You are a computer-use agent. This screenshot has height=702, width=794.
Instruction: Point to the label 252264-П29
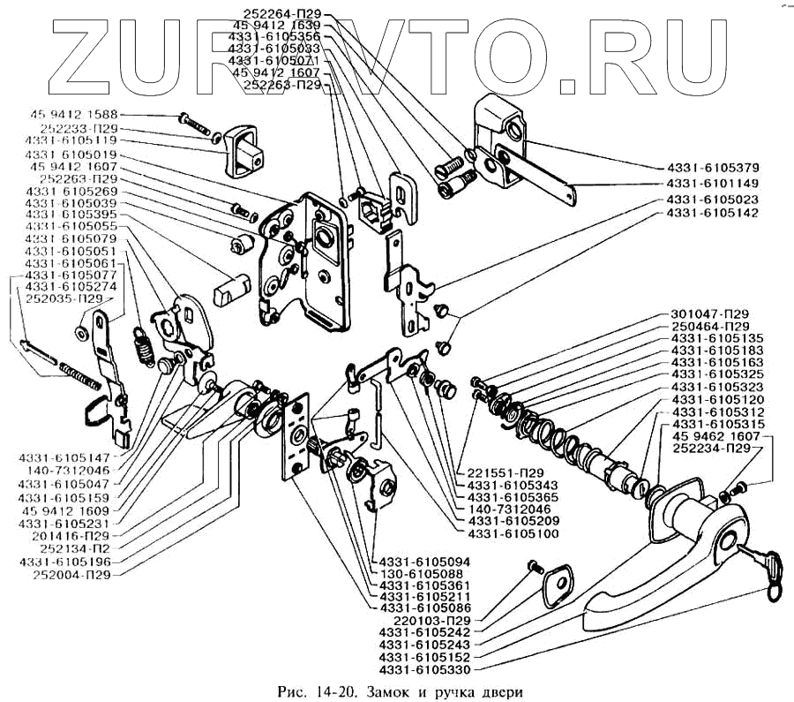(x=285, y=13)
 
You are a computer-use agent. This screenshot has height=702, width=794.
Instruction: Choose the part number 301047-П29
(x=710, y=314)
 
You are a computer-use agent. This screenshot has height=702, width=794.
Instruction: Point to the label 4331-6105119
(x=71, y=140)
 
